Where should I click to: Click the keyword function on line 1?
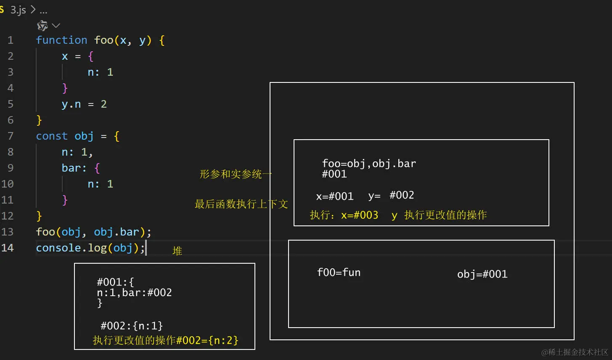pos(61,40)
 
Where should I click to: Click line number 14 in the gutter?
pos(8,248)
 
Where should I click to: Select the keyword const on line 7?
pos(52,136)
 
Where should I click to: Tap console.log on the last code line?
pos(71,248)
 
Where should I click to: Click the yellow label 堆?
pos(177,251)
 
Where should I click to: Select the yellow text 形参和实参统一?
pos(236,174)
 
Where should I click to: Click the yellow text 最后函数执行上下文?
pos(241,204)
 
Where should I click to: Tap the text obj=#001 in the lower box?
pos(482,274)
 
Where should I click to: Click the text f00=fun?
pos(339,273)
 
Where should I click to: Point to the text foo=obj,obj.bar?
pos(369,164)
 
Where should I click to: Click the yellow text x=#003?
pos(360,215)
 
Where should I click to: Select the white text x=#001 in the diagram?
pos(335,196)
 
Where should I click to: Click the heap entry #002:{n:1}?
pos(132,326)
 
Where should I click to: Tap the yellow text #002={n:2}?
pos(207,340)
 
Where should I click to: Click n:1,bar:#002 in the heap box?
pos(134,293)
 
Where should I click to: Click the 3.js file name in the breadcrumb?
pos(18,10)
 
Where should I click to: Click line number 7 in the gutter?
pos(11,136)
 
